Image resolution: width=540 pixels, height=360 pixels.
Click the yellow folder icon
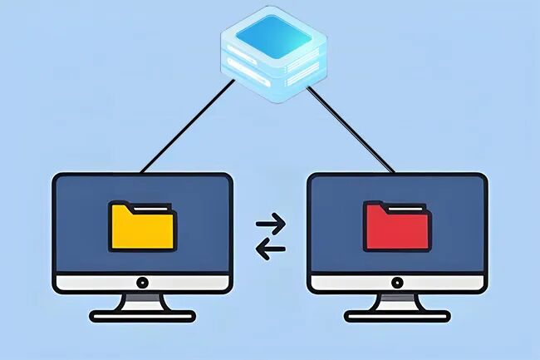click(x=142, y=227)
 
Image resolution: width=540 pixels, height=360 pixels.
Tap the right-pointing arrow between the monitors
click(x=270, y=223)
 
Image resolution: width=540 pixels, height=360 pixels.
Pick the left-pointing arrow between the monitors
click(x=270, y=248)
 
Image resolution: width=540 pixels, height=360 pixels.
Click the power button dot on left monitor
click(x=142, y=283)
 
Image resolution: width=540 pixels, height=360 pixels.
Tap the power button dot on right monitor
click(x=397, y=283)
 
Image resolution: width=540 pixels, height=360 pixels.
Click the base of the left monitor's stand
click(x=142, y=316)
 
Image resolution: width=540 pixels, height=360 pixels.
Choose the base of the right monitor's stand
click(x=397, y=316)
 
